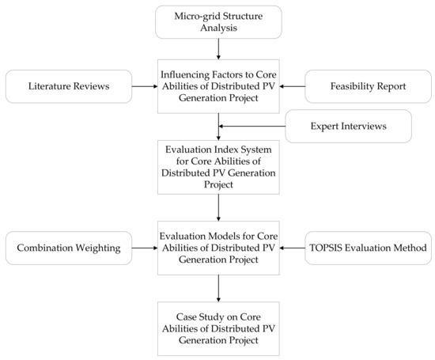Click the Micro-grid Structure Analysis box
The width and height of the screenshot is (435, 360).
(218, 22)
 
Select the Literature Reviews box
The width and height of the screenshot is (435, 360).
(69, 86)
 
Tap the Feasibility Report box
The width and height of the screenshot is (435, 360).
(368, 86)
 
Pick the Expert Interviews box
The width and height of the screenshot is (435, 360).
(349, 127)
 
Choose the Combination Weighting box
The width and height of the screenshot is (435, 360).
(69, 248)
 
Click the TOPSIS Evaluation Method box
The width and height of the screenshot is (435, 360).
(368, 248)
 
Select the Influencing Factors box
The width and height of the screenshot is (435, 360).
(218, 86)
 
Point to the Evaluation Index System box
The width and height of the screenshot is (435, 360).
(218, 167)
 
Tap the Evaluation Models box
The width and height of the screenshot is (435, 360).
(218, 248)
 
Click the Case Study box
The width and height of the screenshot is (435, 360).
(218, 328)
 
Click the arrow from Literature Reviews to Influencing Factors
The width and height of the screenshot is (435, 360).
(145, 86)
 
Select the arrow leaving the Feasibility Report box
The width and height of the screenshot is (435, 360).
(292, 86)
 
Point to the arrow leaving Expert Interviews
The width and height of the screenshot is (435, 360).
(252, 127)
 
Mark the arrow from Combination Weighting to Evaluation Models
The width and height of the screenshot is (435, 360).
(145, 248)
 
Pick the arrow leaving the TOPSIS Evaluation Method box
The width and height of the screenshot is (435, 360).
(292, 248)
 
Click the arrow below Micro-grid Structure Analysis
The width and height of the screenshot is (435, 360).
(218, 49)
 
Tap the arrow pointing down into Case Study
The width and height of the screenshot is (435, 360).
(218, 288)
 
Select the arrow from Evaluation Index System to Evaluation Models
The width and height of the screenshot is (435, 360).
(218, 207)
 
